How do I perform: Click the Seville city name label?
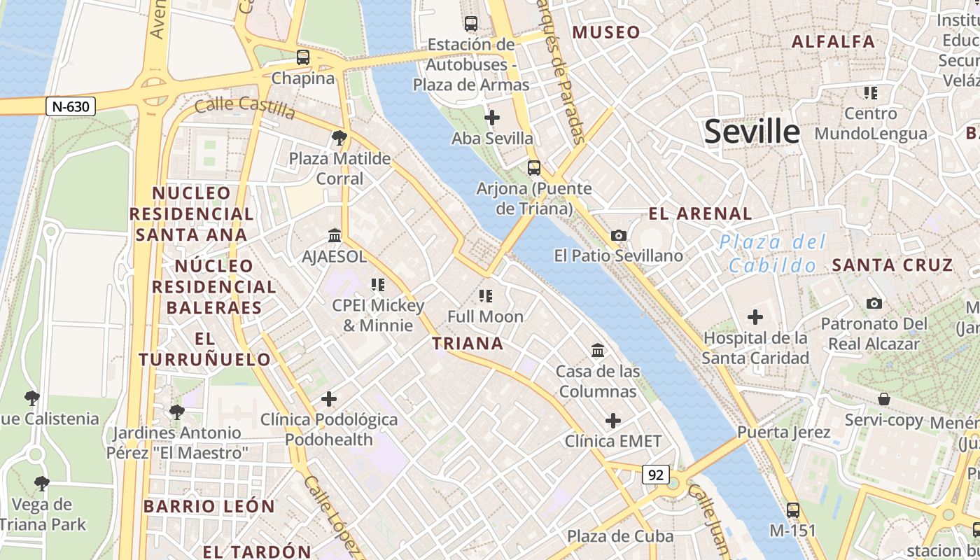coord(751,132)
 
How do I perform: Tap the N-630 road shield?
coord(70,106)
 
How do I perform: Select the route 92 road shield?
coord(655,475)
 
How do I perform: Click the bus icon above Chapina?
coord(303,57)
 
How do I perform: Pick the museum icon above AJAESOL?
coord(335,235)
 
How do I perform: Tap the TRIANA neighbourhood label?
coord(468,343)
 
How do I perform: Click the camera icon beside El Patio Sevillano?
coord(619,235)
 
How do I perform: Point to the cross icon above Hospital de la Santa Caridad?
coord(755,317)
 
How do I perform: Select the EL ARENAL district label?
coord(700,213)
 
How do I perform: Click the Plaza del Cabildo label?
coord(773,254)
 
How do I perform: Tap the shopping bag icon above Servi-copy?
coord(884,399)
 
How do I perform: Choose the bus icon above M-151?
coord(792,510)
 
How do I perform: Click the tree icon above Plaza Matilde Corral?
coord(339,137)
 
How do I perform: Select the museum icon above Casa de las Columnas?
coord(598,350)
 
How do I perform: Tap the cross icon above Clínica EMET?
coord(613,420)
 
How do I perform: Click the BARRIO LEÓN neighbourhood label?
coord(209,506)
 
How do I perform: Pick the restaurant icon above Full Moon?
coord(485,296)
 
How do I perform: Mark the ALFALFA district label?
coord(833,41)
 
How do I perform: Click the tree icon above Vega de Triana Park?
coord(42,483)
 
